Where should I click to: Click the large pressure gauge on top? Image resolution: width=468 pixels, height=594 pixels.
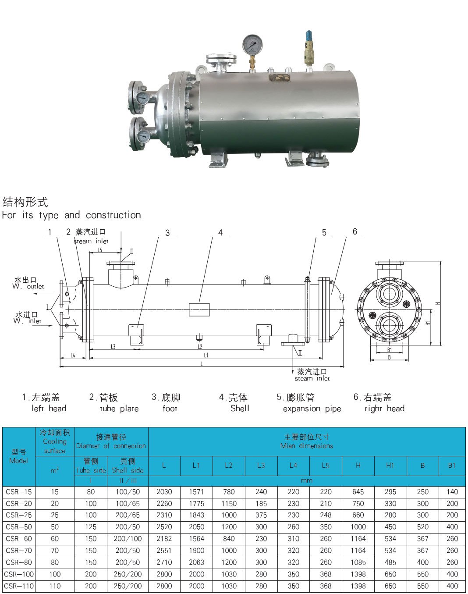coord(252,44)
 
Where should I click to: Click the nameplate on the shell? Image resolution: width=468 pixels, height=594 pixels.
coord(280,78)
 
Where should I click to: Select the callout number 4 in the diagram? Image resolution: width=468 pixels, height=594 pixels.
coord(220,232)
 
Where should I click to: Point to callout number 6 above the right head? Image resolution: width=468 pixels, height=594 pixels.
coord(355,231)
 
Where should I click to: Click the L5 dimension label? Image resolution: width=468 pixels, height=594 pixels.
coord(99,250)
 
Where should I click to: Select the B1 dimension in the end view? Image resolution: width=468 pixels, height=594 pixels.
coord(390,350)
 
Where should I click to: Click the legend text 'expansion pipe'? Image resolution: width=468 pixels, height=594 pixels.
coord(312,409)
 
